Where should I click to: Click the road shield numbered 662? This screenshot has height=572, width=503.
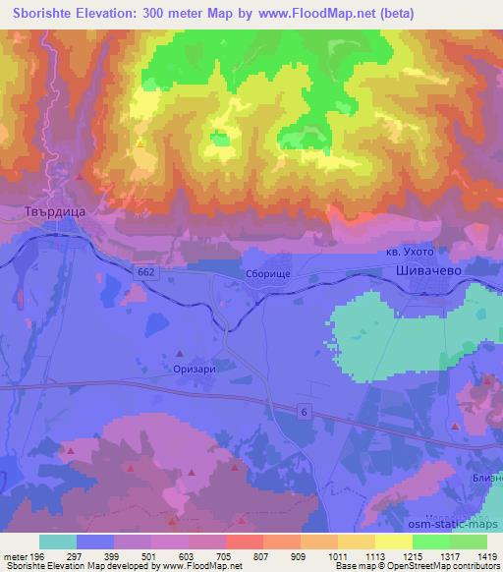pos(145,270)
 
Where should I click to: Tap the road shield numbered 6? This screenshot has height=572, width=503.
pos(304,412)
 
